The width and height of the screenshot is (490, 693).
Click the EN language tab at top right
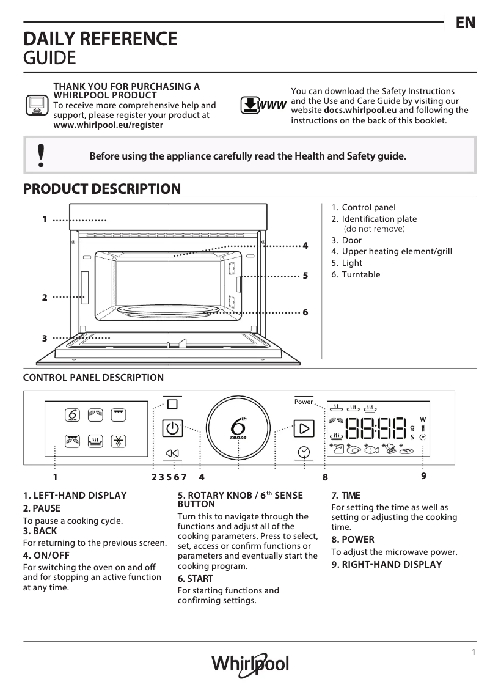[x=466, y=23]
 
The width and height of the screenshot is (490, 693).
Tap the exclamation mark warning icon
[x=41, y=156]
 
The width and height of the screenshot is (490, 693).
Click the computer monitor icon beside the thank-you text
[x=37, y=105]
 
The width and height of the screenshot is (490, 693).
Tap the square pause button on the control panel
[x=172, y=405]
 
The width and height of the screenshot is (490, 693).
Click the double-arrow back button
[x=172, y=453]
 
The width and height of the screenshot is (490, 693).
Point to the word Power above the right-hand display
[x=303, y=402]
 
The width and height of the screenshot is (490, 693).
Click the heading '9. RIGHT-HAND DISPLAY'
[x=386, y=565]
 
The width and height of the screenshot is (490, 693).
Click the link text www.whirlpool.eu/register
[x=109, y=124]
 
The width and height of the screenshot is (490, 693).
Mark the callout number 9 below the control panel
[x=423, y=475]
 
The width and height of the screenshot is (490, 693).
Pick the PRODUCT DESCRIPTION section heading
[x=101, y=189]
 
